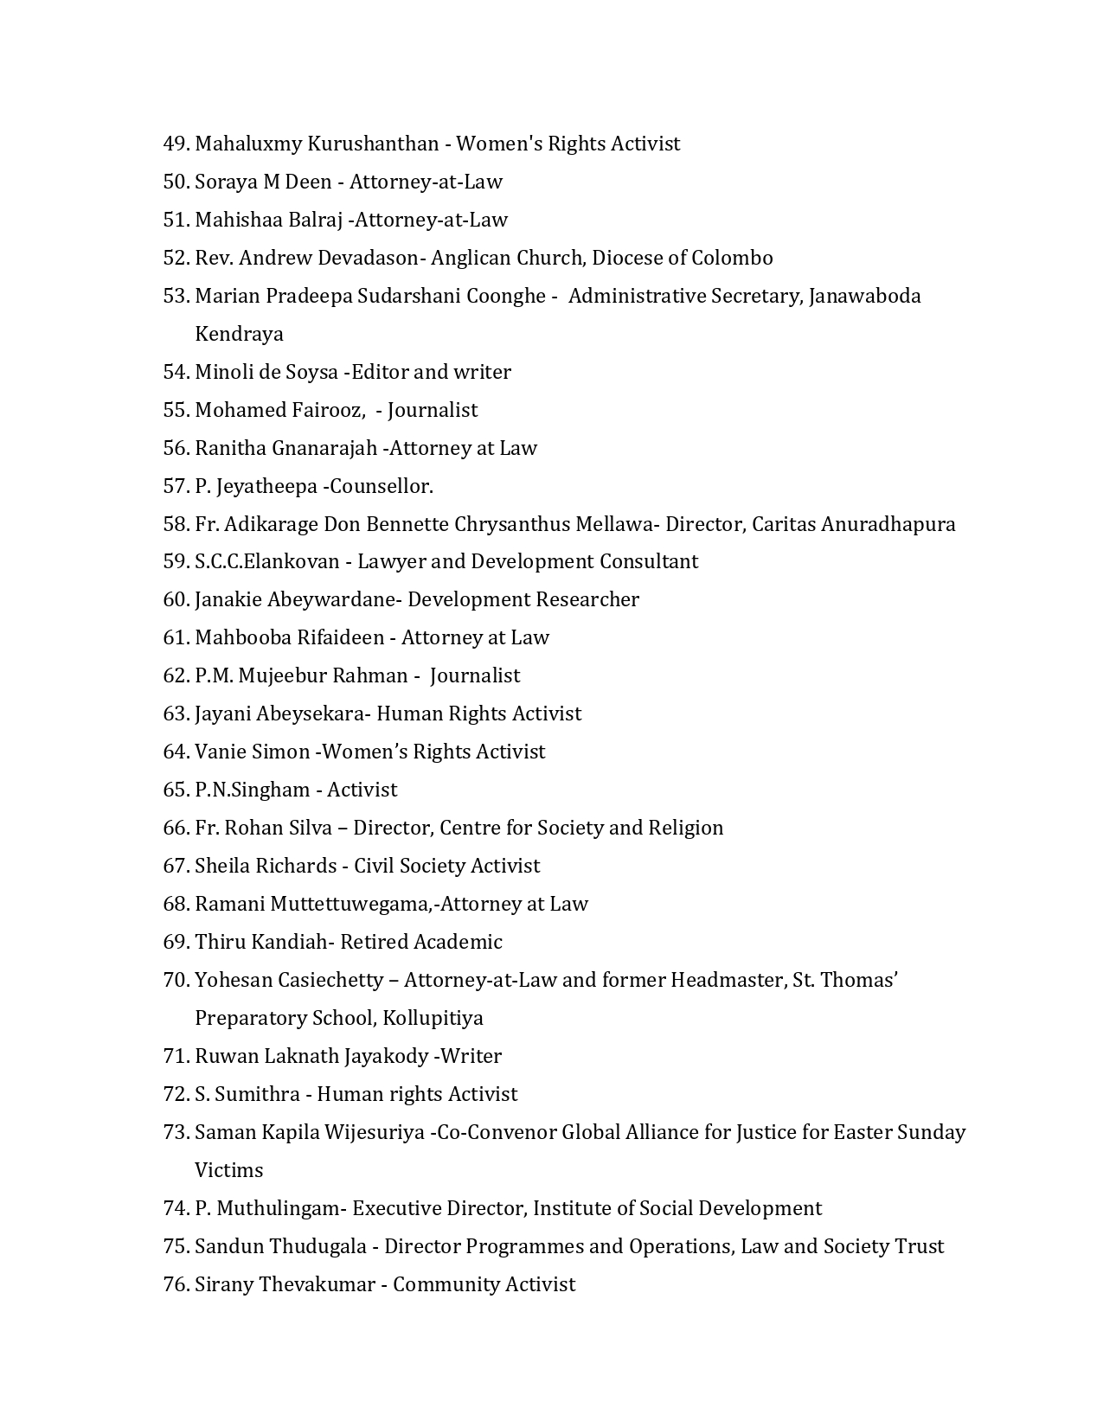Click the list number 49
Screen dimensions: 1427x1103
176,144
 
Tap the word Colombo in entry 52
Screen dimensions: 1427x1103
731,258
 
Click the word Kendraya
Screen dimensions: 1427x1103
239,334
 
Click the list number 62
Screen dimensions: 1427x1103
176,676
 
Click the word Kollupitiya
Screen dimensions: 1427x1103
433,1019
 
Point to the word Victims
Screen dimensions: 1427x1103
228,1171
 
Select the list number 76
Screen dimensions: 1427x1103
176,1285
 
